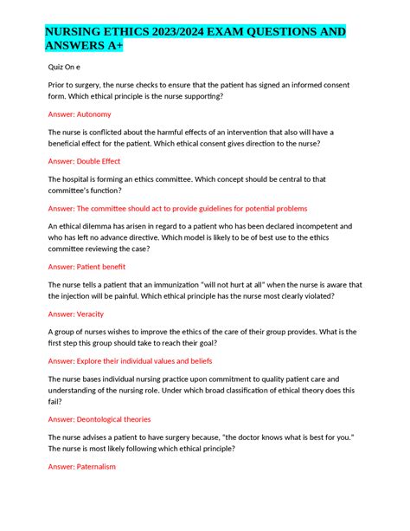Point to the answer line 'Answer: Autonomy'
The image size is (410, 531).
80,113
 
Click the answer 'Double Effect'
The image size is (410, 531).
97,161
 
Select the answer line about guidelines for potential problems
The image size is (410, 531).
177,208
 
